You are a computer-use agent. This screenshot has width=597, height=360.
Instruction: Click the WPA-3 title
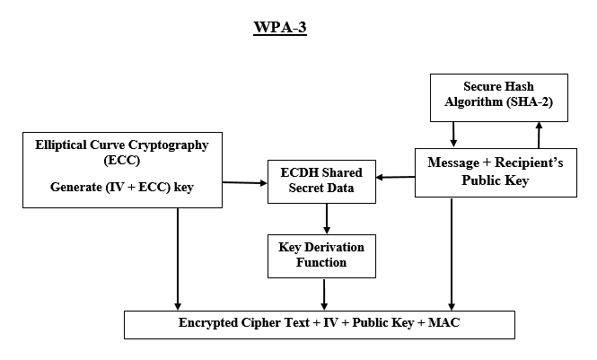click(x=281, y=28)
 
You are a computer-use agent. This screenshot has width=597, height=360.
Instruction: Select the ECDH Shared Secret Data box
click(x=320, y=181)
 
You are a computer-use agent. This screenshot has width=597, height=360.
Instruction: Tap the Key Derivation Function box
click(x=321, y=255)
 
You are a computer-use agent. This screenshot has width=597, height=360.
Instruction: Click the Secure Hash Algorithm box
click(x=498, y=97)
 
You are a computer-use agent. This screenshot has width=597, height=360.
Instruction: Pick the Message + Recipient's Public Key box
click(x=496, y=171)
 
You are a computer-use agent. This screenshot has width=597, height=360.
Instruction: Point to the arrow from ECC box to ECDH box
click(x=245, y=183)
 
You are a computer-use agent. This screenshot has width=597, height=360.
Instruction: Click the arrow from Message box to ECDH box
click(x=395, y=178)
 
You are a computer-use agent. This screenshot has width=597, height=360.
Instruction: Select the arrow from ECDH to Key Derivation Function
click(x=326, y=218)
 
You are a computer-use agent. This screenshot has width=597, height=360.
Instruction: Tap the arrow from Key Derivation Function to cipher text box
click(x=324, y=294)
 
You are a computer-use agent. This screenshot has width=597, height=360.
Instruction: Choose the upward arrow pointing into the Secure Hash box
click(x=539, y=135)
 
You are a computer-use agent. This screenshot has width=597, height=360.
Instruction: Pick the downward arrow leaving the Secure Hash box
click(x=454, y=134)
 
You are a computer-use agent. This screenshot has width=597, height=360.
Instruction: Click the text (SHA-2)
click(x=537, y=103)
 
